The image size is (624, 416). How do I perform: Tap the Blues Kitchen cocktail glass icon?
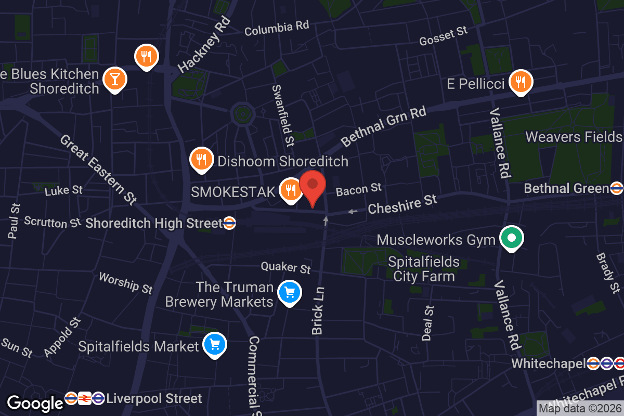114,79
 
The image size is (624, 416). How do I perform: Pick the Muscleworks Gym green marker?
511,239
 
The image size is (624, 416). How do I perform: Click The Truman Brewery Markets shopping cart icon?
290,293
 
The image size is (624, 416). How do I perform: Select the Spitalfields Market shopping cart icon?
215,345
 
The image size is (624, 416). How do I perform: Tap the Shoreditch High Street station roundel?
230,223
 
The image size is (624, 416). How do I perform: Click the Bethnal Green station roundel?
617,188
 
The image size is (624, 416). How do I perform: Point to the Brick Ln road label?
318,310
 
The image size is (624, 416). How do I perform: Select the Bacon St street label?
358,190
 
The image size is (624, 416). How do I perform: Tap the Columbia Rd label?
277,28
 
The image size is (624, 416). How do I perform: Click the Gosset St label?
444,36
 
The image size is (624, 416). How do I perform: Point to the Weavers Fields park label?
574,137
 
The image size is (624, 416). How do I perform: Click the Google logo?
35,403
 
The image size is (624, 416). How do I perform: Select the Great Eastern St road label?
98,169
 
